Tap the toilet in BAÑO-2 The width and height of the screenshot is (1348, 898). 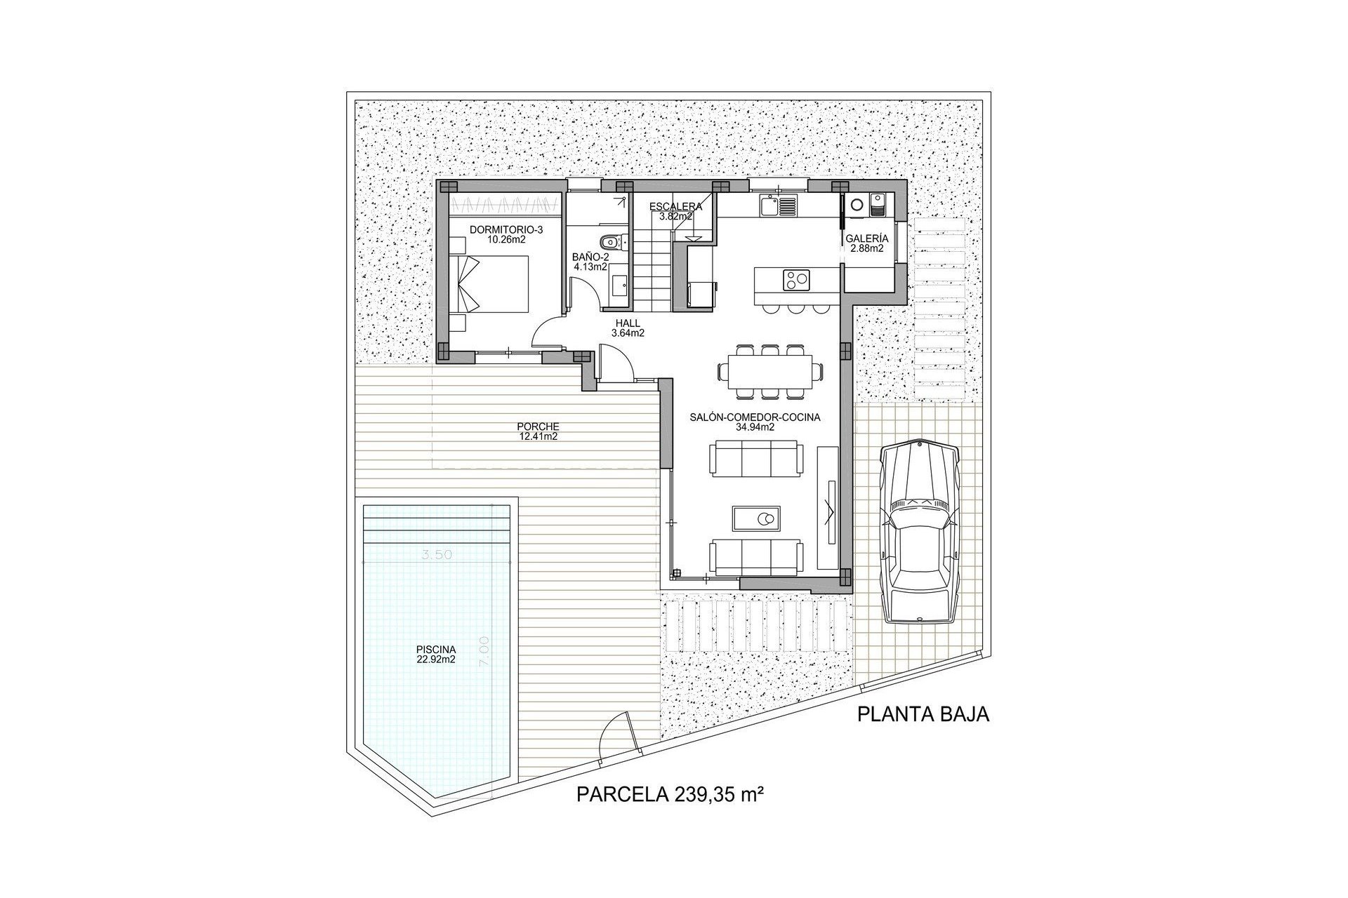pyautogui.click(x=612, y=241)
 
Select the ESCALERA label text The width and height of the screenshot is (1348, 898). pyautogui.click(x=675, y=207)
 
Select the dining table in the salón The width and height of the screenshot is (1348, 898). pyautogui.click(x=769, y=370)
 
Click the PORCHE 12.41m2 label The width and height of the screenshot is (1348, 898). pyautogui.click(x=538, y=431)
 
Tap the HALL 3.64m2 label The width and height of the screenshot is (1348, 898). pyautogui.click(x=628, y=328)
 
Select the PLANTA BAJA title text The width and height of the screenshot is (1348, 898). pyautogui.click(x=923, y=715)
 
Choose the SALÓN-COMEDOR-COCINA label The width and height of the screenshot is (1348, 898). pyautogui.click(x=755, y=422)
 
